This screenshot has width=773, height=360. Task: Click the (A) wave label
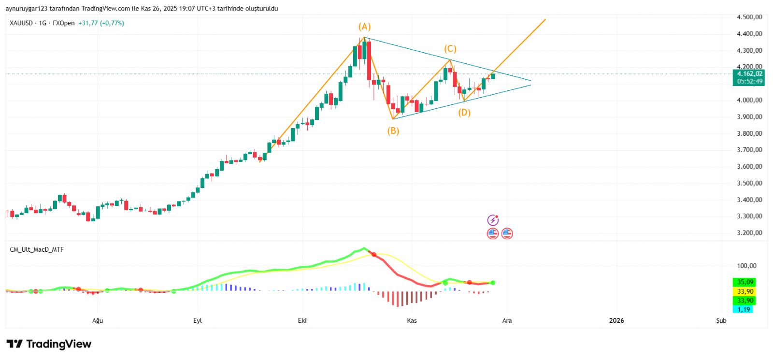364,27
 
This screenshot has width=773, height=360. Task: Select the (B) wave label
393,130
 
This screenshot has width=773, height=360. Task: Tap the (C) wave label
450,49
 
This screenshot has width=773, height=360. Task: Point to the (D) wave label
464,113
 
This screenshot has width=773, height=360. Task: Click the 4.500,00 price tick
749,17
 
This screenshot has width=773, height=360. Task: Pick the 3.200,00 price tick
749,233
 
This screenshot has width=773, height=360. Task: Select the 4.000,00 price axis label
749,100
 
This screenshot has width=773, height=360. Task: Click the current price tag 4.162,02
749,74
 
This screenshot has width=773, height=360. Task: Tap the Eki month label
302,320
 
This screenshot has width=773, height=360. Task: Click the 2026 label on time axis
616,320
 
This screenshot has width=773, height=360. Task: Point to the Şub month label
721,320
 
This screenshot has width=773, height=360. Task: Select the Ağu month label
98,320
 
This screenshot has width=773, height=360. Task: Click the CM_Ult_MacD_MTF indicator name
37,250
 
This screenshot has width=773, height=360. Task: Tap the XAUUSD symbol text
21,23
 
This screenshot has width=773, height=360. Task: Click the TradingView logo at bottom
49,344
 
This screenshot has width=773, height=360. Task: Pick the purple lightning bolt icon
492,220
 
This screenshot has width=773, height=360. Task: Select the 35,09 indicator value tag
745,282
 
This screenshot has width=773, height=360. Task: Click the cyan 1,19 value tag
744,309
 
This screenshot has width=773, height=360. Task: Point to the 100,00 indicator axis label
746,266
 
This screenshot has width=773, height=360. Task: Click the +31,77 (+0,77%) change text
101,23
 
